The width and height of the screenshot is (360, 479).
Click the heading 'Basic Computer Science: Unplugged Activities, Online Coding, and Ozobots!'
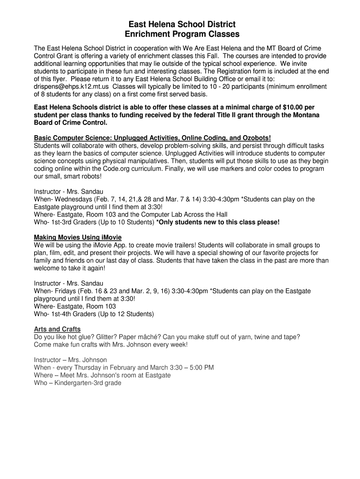pyautogui.click(x=152, y=138)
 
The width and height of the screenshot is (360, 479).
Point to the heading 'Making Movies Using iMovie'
pyautogui.click(x=78, y=238)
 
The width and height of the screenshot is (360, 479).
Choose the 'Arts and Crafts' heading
pyautogui.click(x=57, y=329)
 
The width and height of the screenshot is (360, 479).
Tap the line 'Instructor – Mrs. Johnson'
pyautogui.click(x=70, y=360)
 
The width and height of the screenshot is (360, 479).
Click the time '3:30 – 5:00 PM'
pyautogui.click(x=190, y=368)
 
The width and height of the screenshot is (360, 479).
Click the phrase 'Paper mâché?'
pyautogui.click(x=140, y=337)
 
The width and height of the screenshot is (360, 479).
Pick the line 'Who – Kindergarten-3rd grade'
pyautogui.click(x=77, y=383)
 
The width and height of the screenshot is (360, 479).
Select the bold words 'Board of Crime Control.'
pyautogui.click(x=71, y=123)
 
